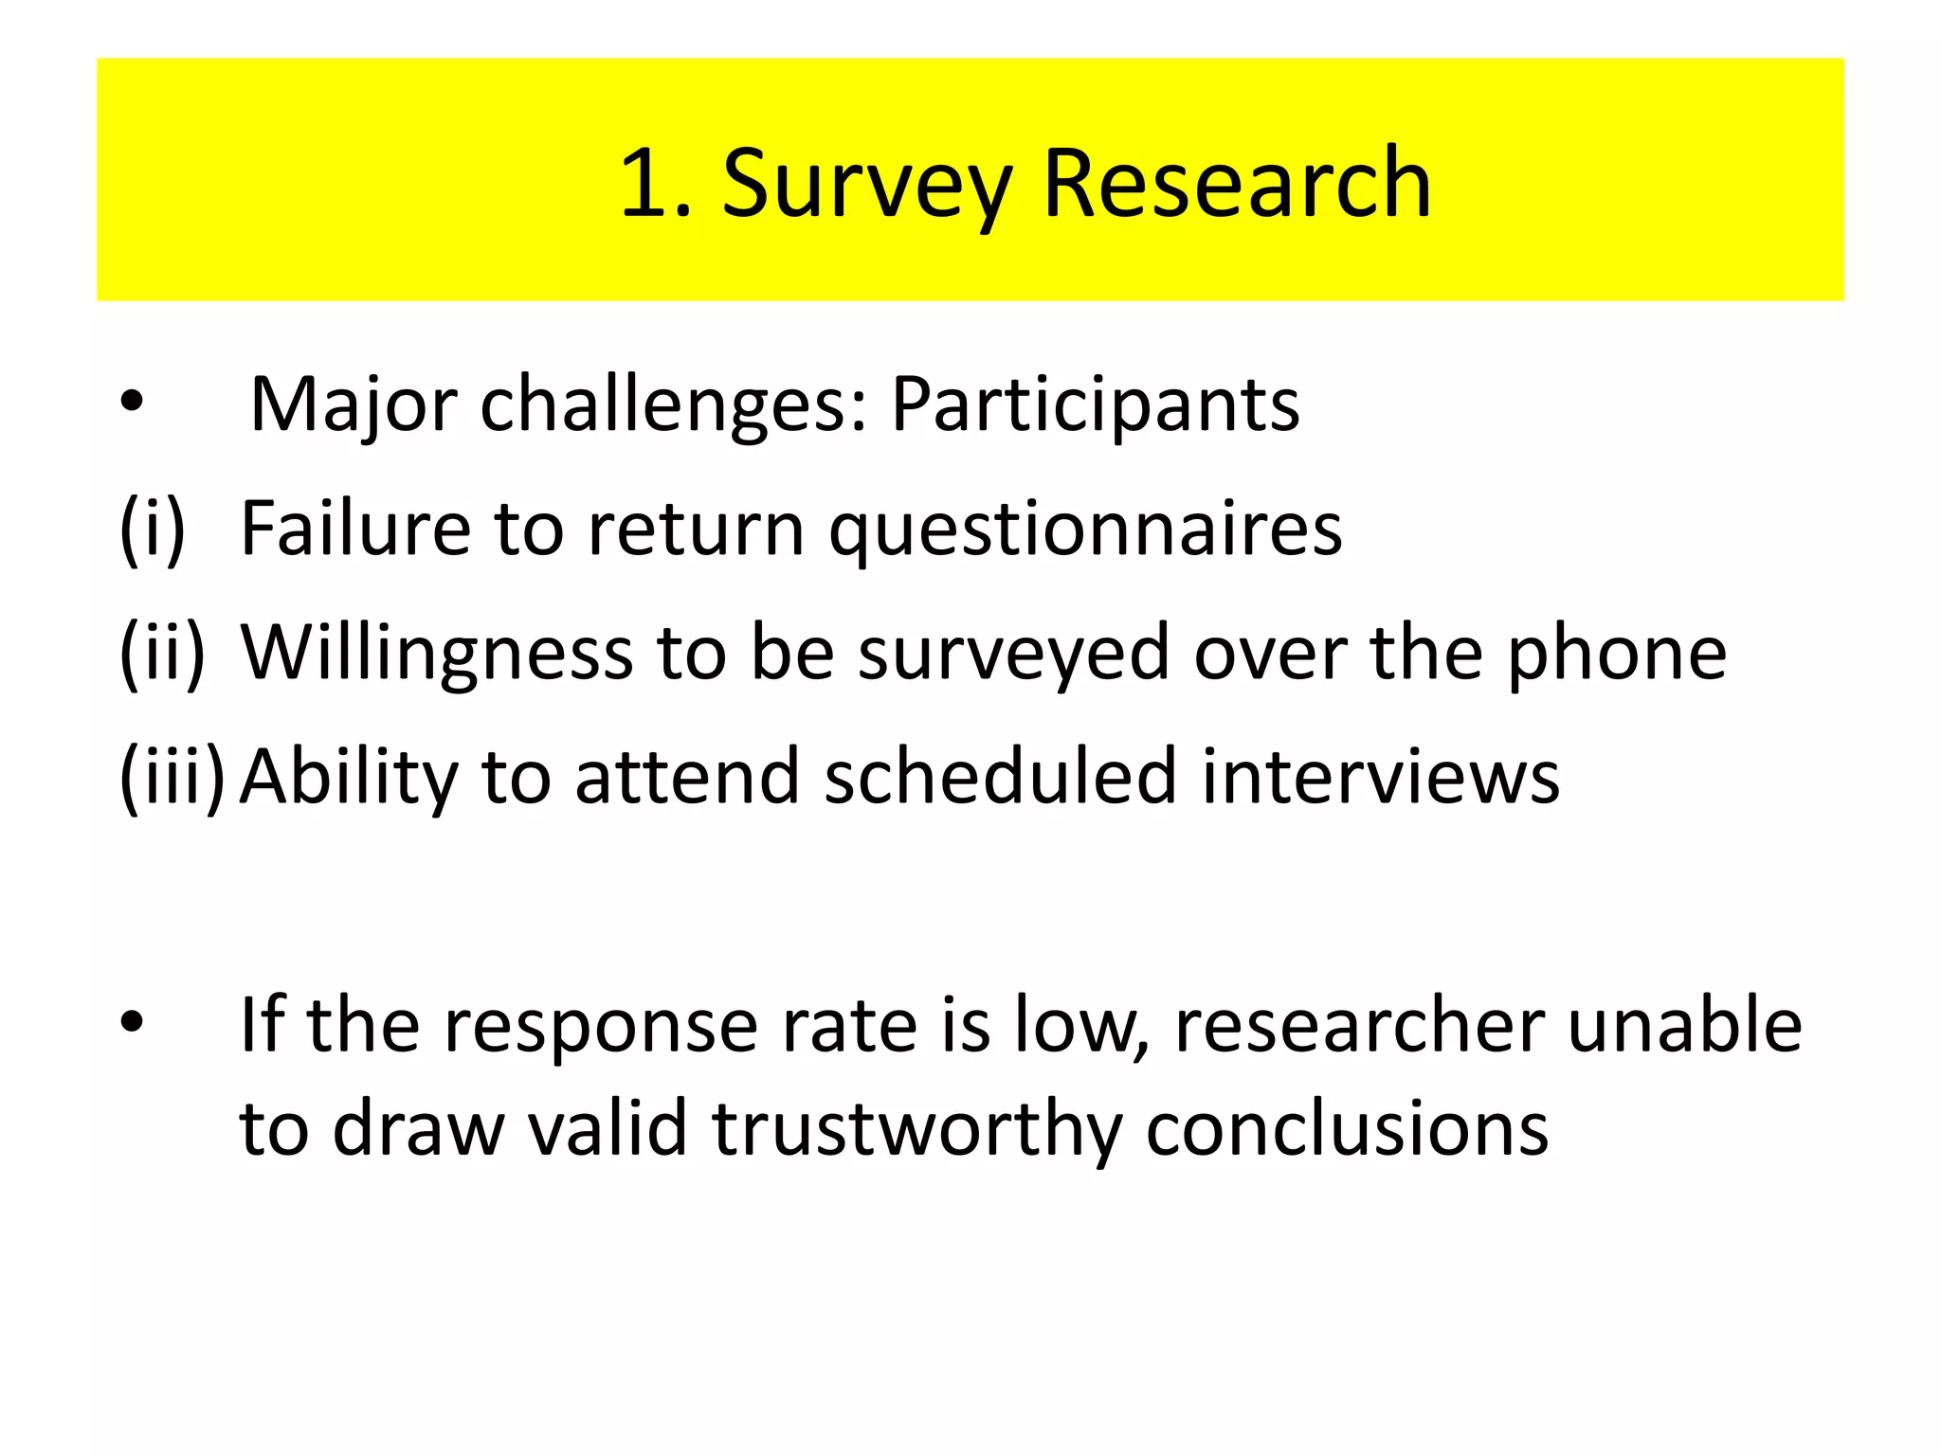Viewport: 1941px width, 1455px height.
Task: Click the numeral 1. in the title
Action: (x=656, y=185)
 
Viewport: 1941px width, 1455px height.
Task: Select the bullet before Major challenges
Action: (x=132, y=404)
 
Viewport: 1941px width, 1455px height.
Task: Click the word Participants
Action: (x=1095, y=405)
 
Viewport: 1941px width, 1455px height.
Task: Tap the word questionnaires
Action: (x=1085, y=530)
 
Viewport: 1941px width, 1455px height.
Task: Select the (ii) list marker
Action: (x=161, y=653)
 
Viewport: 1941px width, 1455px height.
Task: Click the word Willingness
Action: (x=437, y=655)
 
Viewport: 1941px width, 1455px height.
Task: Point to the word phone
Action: (x=1617, y=655)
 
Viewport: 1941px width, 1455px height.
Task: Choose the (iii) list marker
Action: (x=172, y=777)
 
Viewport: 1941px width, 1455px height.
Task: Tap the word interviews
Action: (x=1380, y=777)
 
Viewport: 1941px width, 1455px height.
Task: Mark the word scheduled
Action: (x=1001, y=777)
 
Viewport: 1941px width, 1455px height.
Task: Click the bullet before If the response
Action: (x=132, y=1023)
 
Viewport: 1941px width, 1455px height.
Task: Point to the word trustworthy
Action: (x=916, y=1130)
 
